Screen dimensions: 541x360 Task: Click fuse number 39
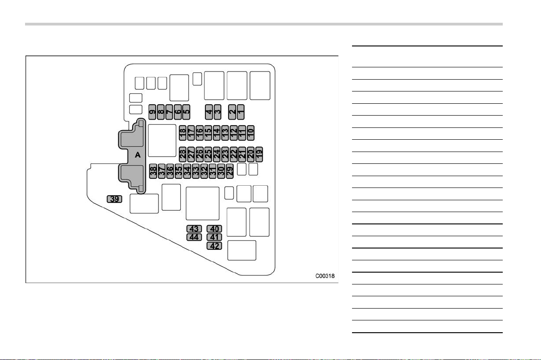click(115, 199)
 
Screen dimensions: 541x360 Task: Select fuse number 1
click(241, 112)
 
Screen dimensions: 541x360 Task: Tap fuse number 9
click(153, 112)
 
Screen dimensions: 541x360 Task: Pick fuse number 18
click(183, 133)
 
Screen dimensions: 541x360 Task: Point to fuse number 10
click(250, 133)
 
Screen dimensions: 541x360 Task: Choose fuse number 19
click(259, 154)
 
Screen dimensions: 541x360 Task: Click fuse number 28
click(183, 154)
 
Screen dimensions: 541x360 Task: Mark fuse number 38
click(153, 171)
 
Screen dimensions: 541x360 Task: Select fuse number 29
click(230, 171)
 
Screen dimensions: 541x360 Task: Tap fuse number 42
click(214, 246)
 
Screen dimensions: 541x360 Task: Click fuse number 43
click(194, 228)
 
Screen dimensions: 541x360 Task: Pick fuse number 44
click(194, 237)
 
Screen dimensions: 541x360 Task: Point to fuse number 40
click(214, 228)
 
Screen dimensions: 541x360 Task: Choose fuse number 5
click(186, 112)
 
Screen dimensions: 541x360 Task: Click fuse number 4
click(209, 112)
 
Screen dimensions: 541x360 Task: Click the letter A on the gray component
click(138, 155)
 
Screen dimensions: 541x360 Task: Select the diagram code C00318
click(325, 276)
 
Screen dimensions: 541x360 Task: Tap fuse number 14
click(217, 133)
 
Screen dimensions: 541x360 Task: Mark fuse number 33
click(196, 171)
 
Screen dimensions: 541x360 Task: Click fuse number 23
click(225, 154)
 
